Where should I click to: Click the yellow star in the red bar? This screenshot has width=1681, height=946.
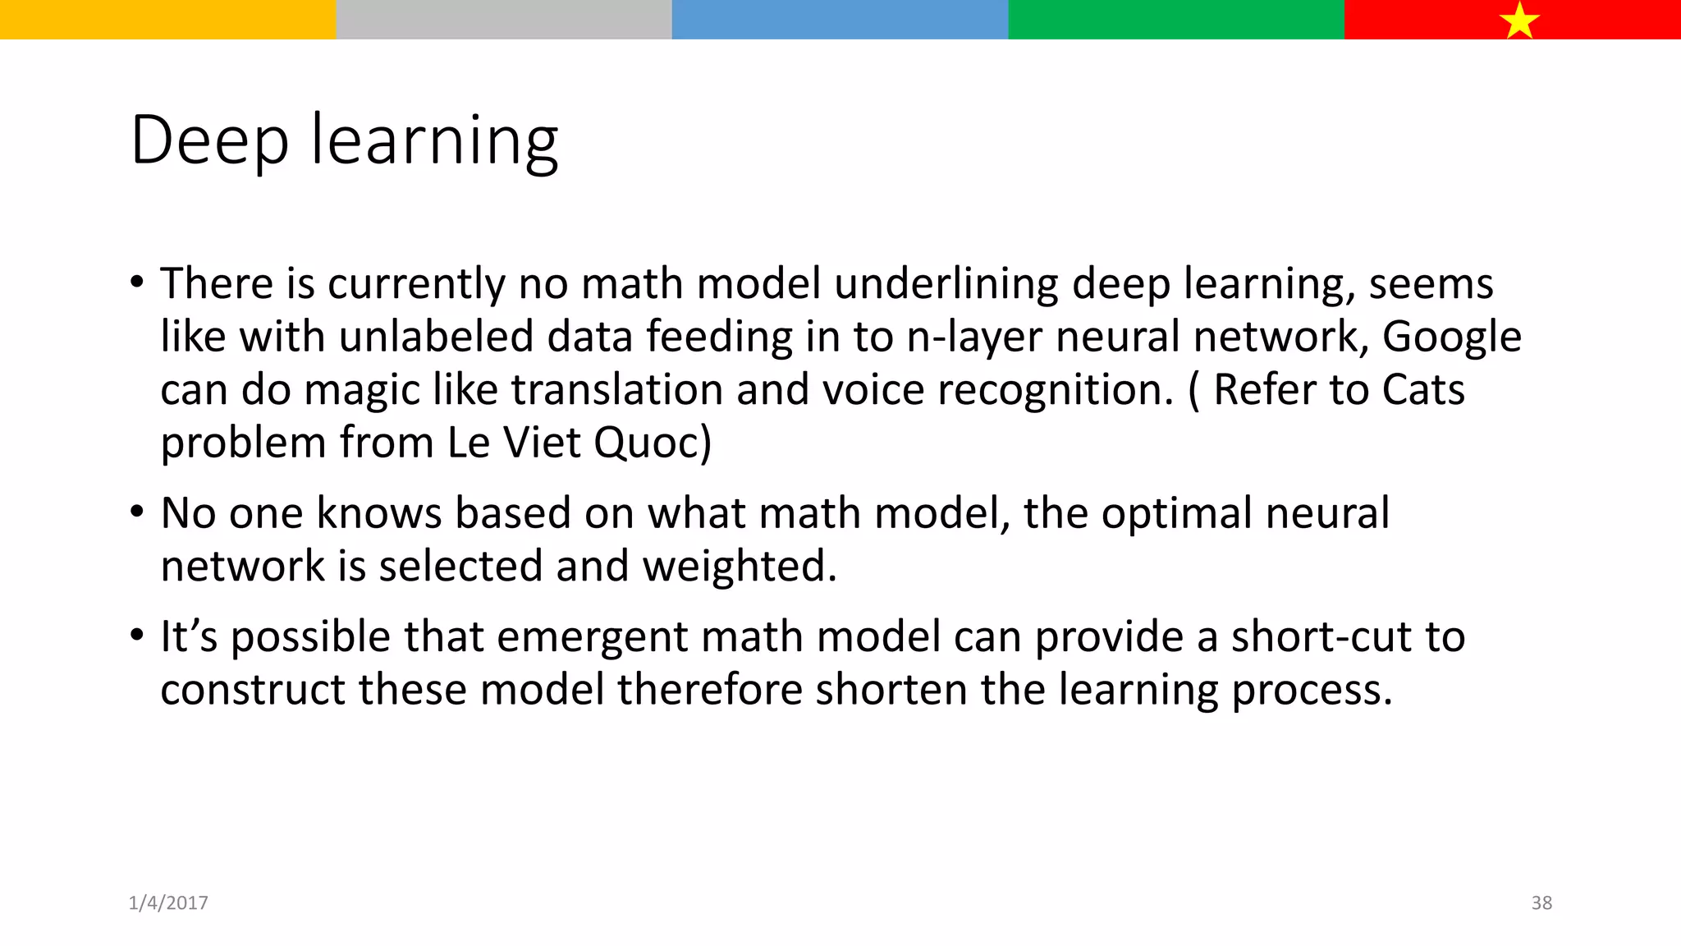tap(1519, 21)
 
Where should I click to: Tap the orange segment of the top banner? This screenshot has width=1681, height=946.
tap(167, 19)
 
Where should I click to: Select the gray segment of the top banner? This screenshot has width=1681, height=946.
tap(504, 19)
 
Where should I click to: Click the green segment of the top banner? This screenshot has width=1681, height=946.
tap(1175, 19)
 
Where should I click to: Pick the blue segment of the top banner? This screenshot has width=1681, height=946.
tap(840, 19)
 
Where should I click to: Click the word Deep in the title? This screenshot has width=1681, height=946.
tap(210, 141)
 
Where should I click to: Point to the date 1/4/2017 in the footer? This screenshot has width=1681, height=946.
tap(168, 902)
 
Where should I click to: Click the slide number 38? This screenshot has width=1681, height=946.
tap(1541, 902)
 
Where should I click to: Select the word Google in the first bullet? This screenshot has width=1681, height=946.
tap(1451, 338)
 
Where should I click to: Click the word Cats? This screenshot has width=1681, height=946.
tap(1423, 390)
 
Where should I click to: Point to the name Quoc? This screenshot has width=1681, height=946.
tap(653, 443)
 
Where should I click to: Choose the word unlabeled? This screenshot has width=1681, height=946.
tap(436, 338)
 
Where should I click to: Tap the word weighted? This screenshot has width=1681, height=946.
tap(740, 567)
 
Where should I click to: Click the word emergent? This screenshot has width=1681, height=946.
tap(592, 638)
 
